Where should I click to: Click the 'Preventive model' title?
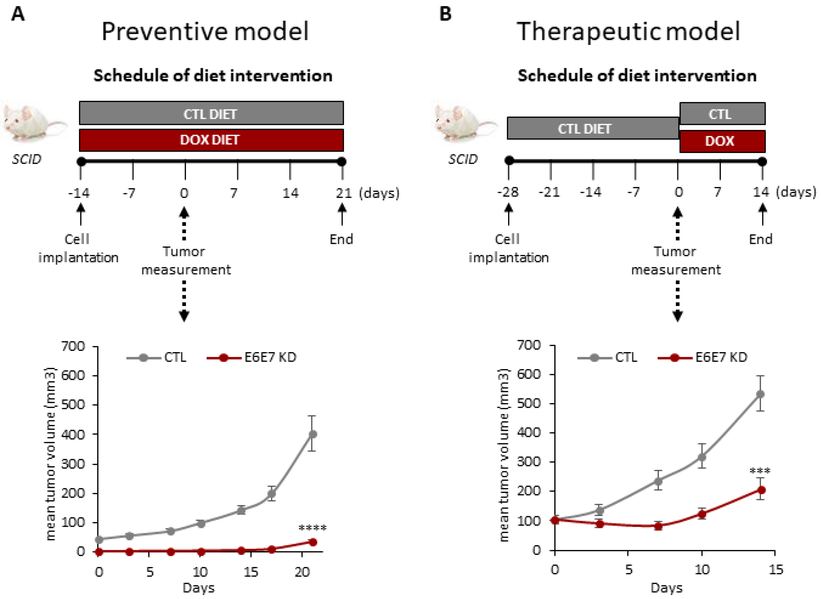205,31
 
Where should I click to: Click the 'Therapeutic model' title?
628,31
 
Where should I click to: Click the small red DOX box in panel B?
722,141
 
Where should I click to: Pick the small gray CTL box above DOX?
722,114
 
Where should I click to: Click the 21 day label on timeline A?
343,193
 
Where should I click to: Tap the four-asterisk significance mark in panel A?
312,528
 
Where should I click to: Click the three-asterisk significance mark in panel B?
760,472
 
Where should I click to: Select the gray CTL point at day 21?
312,434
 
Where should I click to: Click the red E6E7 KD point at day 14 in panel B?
761,490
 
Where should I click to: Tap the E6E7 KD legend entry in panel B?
702,358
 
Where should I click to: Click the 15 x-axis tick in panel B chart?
776,570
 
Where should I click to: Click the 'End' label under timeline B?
761,239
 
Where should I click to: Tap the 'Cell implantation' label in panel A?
78,248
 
